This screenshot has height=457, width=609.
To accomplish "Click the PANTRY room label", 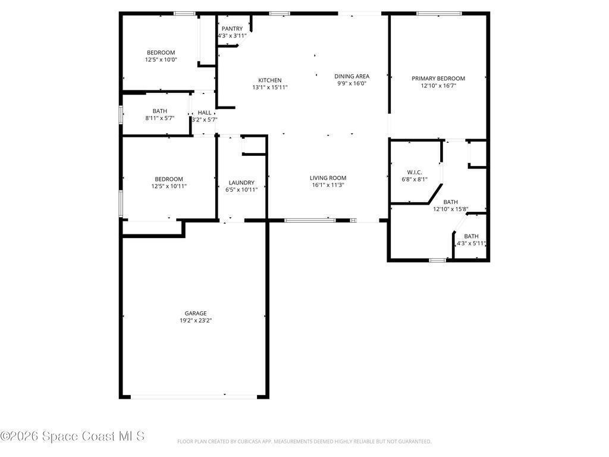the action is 232,29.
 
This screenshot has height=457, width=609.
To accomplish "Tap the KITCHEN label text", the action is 270,80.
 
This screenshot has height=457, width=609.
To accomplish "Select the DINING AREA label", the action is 352,76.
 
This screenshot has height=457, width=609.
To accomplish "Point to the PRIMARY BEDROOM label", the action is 438,79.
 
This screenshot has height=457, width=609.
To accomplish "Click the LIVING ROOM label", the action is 328,178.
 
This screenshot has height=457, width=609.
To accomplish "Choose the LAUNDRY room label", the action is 241,183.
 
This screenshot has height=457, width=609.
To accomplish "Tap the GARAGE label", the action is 196,313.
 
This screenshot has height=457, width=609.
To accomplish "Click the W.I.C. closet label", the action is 415,172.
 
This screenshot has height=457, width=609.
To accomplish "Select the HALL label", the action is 205,112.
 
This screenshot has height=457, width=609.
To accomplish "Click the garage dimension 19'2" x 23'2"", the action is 196,321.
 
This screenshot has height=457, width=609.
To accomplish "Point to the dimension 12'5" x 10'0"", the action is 161,60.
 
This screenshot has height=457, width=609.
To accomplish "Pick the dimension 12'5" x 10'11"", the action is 169,186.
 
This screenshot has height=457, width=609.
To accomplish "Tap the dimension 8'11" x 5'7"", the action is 160,118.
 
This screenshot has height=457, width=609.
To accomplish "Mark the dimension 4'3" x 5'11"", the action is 471,243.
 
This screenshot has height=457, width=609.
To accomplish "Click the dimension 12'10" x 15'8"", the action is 451,209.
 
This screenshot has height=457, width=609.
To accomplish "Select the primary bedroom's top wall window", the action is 439,14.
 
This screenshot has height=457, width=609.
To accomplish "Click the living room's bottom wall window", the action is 310,220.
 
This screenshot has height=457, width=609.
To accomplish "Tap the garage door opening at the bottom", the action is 194,397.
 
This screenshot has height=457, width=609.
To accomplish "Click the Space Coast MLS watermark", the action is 73,436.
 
